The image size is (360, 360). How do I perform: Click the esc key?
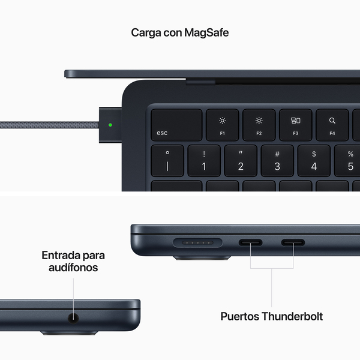[176, 125]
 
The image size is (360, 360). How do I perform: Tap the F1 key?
[222, 125]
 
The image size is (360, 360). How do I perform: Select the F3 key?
[295, 125]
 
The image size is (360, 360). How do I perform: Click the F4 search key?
[332, 125]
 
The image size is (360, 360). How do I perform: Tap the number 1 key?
[204, 160]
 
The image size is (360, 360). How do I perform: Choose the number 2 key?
[241, 160]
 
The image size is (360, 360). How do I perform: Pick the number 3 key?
[277, 160]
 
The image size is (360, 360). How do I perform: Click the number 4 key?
[314, 160]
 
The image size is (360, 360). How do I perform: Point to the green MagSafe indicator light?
[110, 126]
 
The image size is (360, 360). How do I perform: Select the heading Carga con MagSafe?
[180, 32]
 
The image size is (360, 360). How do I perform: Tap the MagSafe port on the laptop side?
[197, 244]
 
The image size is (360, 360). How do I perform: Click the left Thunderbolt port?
[251, 244]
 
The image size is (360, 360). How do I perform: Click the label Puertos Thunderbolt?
[272, 316]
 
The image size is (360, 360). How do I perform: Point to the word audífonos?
[74, 268]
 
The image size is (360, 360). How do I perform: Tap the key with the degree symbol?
[167, 160]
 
